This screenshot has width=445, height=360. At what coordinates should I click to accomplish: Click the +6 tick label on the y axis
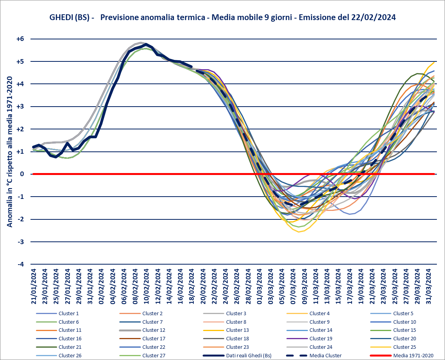(x=20, y=39)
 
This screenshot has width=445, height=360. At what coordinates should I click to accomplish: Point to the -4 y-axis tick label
(x=21, y=265)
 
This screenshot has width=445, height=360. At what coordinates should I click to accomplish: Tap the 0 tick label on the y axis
(x=22, y=174)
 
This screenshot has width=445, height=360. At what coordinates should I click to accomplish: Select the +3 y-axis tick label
(x=20, y=107)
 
